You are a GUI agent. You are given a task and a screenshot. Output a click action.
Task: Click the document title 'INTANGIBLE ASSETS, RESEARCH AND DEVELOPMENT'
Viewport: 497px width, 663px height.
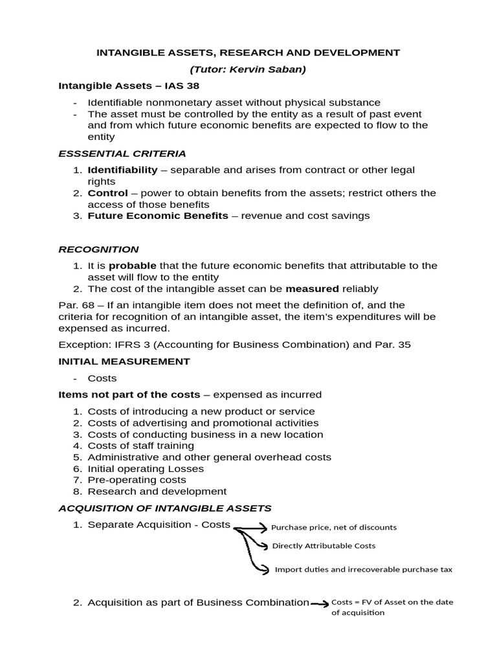click(x=248, y=52)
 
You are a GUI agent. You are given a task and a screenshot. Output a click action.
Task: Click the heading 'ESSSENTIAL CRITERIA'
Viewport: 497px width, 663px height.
click(x=122, y=153)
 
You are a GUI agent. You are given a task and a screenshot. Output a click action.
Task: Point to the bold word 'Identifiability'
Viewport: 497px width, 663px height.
click(x=122, y=170)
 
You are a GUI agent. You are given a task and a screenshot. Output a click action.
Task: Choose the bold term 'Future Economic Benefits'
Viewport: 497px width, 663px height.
click(x=158, y=216)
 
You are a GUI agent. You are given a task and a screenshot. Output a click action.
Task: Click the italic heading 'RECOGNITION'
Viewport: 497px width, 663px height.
click(x=98, y=249)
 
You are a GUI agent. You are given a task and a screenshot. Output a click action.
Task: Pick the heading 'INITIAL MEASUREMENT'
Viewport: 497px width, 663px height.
click(x=124, y=361)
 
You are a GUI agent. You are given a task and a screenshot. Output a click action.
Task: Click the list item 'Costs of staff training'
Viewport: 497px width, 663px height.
click(x=140, y=445)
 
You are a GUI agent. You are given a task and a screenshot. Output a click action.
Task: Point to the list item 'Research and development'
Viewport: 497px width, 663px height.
click(x=157, y=491)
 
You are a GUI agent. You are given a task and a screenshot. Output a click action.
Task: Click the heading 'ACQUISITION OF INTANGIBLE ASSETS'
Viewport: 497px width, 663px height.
click(x=165, y=508)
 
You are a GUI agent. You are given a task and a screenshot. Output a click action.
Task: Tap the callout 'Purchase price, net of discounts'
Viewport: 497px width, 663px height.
click(x=333, y=527)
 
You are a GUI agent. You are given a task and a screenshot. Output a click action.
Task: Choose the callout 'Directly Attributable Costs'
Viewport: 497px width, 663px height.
click(x=324, y=546)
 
